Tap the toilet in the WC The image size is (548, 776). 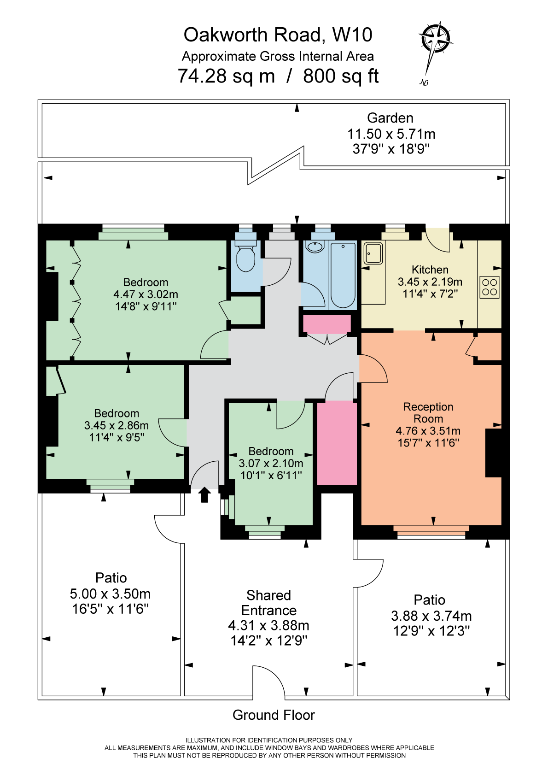coord(246,256)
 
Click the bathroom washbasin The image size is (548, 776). coord(315,247)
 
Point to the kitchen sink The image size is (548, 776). coord(373,253)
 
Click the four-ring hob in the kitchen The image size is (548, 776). coord(490,287)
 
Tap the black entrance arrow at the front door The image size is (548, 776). coord(204,495)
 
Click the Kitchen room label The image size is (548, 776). coord(430,270)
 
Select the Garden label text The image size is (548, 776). coord(390,118)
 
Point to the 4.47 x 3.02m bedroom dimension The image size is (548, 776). coord(146,294)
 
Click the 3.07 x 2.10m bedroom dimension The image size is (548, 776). coord(271,463)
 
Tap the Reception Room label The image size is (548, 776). coord(428,412)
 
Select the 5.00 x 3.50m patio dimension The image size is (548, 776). coord(110,594)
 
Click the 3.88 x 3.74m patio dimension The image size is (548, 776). coord(431,616)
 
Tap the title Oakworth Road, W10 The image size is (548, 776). coord(278,35)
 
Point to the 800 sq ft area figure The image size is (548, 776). coord(341,76)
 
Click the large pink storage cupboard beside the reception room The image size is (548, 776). coord(337,442)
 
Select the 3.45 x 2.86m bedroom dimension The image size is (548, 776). coord(117,425)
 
